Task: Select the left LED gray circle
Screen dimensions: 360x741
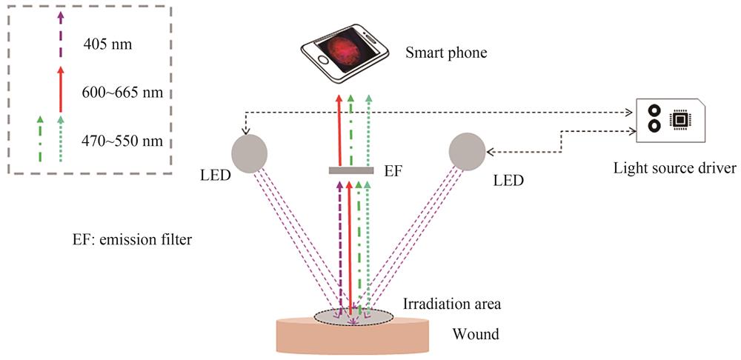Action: pyautogui.click(x=250, y=152)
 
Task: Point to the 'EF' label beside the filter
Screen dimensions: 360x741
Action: pyautogui.click(x=394, y=171)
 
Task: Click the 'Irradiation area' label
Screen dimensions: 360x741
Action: pyautogui.click(x=442, y=303)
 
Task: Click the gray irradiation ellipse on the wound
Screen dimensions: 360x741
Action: pyautogui.click(x=353, y=317)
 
